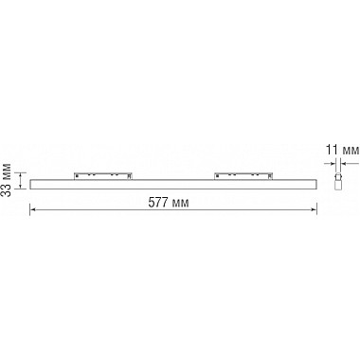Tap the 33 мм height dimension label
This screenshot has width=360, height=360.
pos(8,177)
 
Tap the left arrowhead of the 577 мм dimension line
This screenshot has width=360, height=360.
pos(33,211)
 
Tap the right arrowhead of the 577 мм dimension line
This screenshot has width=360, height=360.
pos(315,211)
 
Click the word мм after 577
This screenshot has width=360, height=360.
pos(186,202)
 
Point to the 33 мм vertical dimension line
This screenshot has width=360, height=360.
pos(20,177)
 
